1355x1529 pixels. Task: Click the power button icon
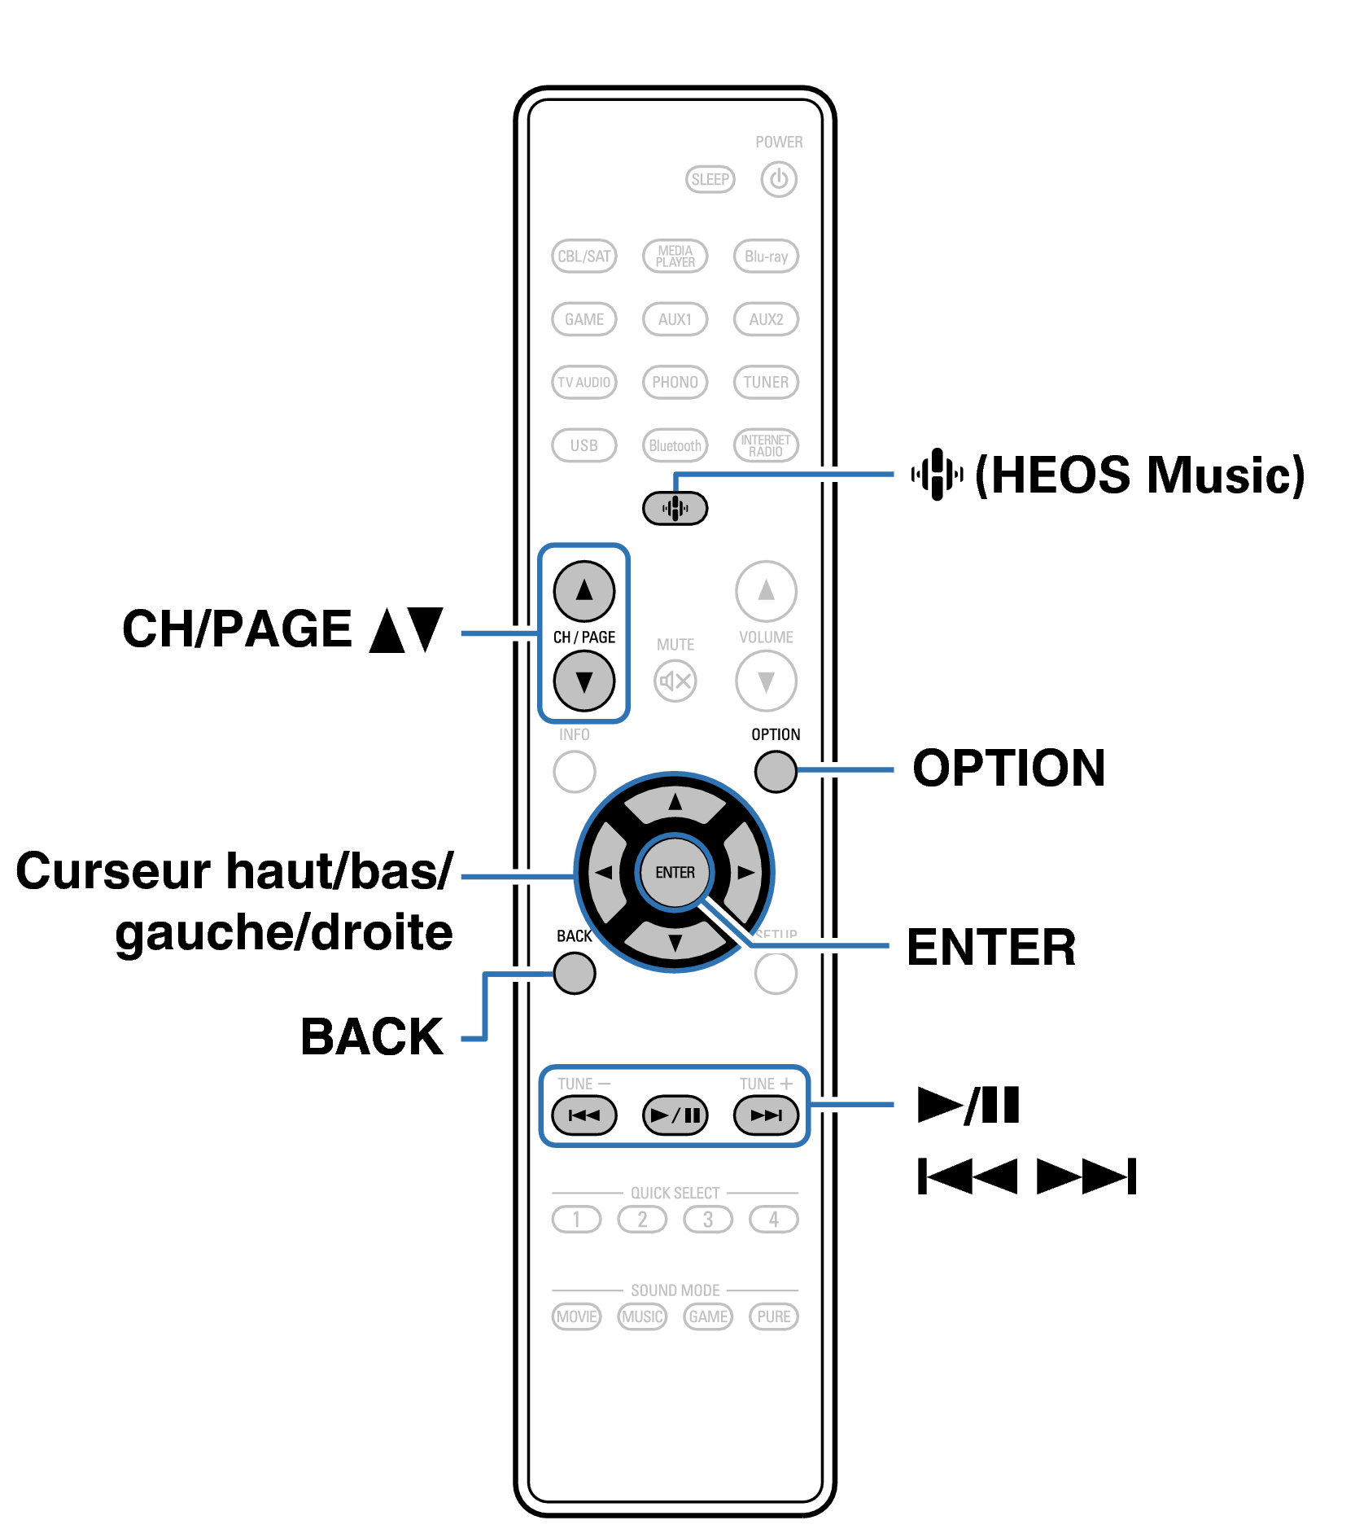coord(778,179)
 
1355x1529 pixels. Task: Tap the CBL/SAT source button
coord(584,256)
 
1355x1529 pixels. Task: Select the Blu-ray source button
coord(766,256)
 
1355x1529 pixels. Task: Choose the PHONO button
coord(675,382)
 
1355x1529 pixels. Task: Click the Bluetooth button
coord(675,445)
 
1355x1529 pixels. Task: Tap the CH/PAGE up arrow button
coord(584,590)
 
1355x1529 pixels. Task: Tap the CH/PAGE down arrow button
coord(584,681)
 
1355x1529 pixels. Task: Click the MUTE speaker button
coord(675,681)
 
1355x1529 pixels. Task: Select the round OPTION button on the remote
coord(775,770)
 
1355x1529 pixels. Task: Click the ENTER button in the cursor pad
coord(675,872)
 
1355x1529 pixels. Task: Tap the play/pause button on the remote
coord(675,1115)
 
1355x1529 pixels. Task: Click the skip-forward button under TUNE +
coord(766,1115)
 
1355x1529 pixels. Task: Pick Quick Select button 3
coord(707,1219)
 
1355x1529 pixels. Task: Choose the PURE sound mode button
coord(773,1317)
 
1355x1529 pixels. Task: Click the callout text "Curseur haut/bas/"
coord(234,871)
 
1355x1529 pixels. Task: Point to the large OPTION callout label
coord(1008,769)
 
